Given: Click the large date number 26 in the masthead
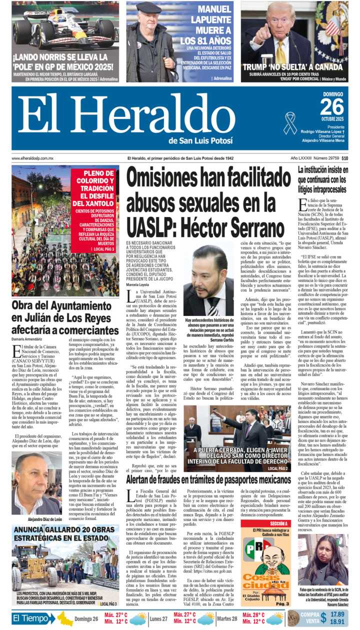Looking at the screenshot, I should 332,106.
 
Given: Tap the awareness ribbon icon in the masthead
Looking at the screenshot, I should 289,123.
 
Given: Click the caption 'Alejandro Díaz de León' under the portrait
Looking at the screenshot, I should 41,519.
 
